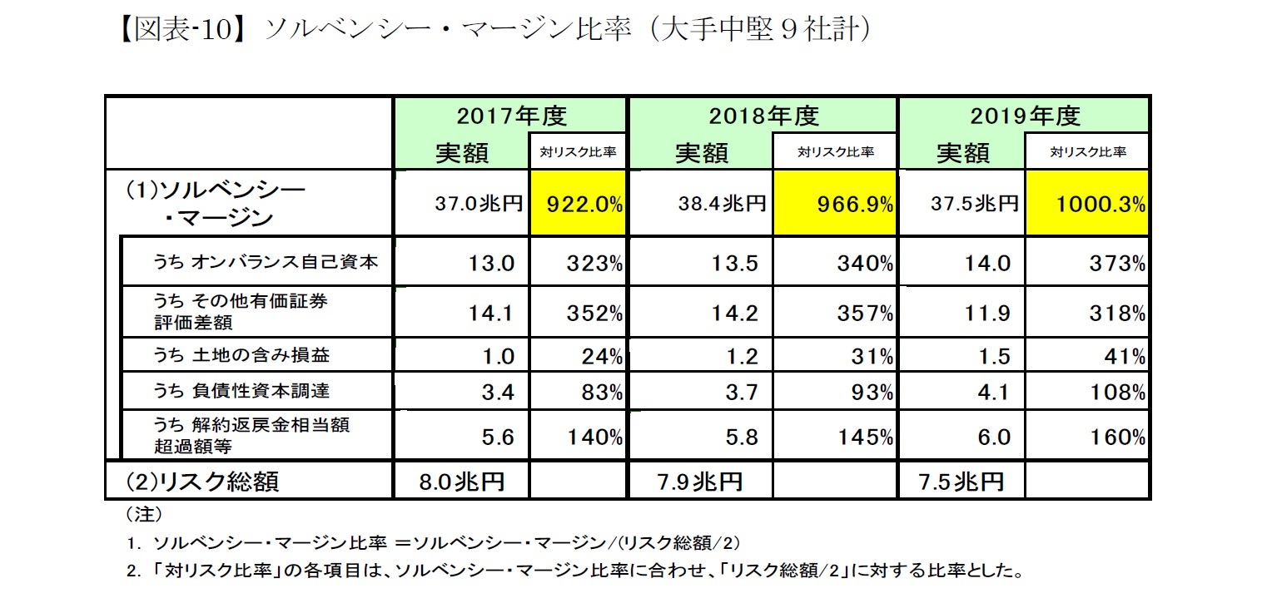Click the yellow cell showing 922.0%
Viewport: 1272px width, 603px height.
577,205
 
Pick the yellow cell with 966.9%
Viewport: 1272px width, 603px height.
835,205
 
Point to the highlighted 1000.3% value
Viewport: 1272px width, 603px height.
1086,205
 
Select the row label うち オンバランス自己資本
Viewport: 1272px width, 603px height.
265,263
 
